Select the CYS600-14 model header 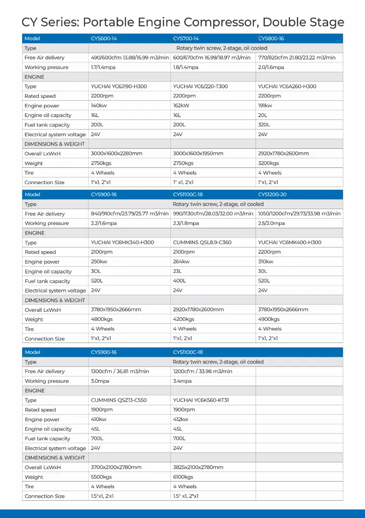click(104, 38)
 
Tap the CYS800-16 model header click(271, 38)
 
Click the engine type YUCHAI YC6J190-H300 click(119, 86)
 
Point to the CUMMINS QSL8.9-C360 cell click(202, 242)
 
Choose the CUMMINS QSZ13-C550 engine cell click(119, 400)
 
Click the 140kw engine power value click(98, 106)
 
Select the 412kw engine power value click(181, 419)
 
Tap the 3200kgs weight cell click(268, 163)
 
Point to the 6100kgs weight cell click(183, 477)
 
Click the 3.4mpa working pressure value click(182, 381)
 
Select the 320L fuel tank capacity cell click(264, 125)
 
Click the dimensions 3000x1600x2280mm click(117, 153)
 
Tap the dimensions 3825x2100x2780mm click(199, 467)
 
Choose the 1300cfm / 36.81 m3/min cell click(120, 371)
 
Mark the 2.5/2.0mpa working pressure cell click(271, 223)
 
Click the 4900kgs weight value click(269, 319)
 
